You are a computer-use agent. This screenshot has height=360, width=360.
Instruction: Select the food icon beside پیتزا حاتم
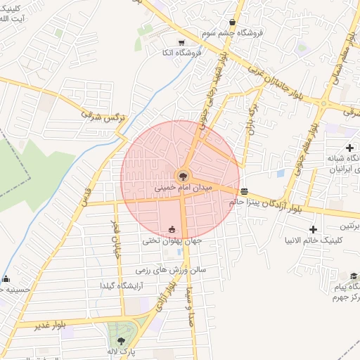244,191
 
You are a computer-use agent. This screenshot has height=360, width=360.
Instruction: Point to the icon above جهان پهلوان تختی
172,229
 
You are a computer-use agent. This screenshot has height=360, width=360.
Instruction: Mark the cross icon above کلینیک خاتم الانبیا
314,229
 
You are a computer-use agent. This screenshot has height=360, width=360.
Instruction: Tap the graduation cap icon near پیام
354,276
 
